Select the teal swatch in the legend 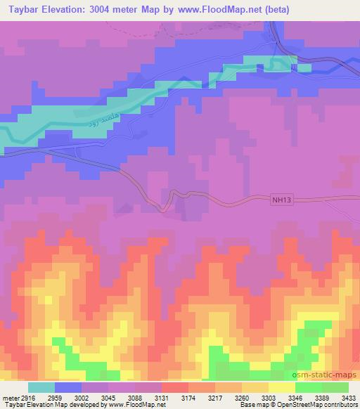(41, 387)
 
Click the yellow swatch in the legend (282, 387)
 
